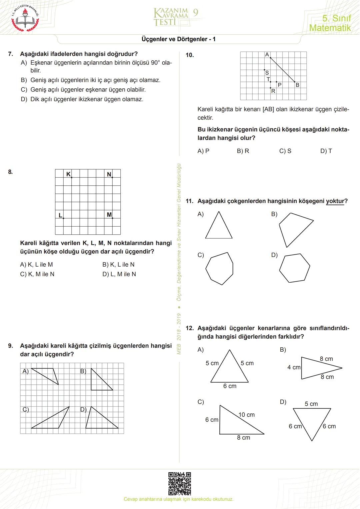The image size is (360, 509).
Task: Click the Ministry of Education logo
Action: point(25,18)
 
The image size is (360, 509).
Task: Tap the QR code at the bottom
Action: point(179,483)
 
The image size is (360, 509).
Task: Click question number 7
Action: point(11,54)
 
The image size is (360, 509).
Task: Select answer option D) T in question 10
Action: point(326,151)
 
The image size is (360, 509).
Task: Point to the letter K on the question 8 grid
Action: point(68,174)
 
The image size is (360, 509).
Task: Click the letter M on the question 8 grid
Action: point(109,215)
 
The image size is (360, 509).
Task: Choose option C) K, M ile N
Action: point(37,274)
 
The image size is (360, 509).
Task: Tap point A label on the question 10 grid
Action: point(267,55)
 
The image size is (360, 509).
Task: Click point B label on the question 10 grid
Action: point(297,85)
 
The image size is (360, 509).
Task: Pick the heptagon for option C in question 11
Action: point(219,268)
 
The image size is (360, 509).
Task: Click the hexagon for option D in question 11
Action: point(294,268)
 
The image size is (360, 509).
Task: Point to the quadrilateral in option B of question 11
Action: point(293,228)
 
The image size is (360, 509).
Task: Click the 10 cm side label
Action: point(246,415)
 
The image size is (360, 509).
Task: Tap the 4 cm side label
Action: point(294,367)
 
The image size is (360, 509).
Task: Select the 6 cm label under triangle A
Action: point(230,386)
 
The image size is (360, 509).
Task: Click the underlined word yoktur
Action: point(335,201)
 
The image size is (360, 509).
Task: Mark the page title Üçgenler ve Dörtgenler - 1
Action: point(178,39)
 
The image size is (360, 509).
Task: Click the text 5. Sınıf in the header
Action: point(336,18)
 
